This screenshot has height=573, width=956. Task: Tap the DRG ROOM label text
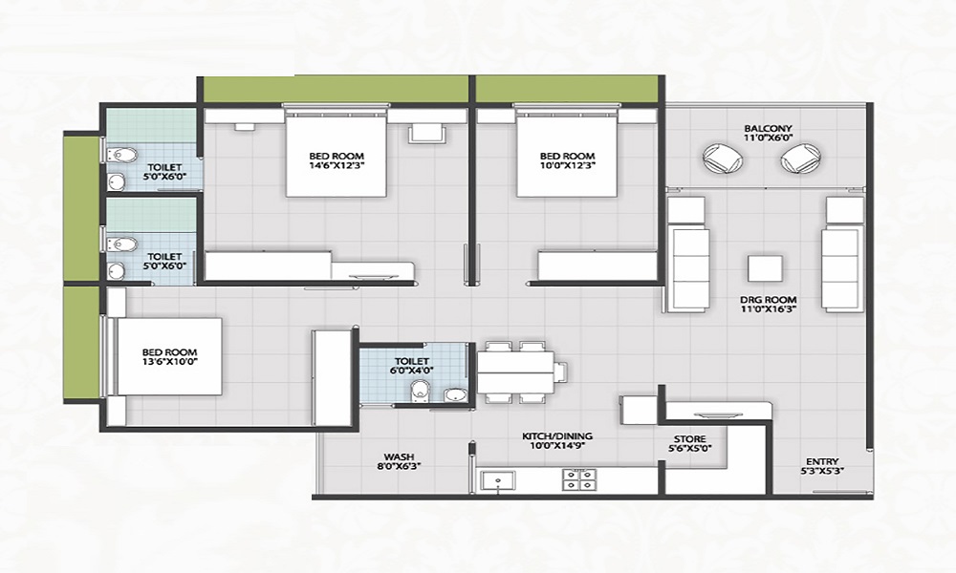point(768,300)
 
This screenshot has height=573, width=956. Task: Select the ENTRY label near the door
point(820,459)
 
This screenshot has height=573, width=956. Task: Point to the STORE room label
point(689,439)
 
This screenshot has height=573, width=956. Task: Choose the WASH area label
point(399,456)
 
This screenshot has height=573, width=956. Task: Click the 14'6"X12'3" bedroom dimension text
point(336,168)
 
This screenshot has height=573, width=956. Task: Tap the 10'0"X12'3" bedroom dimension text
point(567,168)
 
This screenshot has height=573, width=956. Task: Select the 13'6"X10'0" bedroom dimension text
point(168,364)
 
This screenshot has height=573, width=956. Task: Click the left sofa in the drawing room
point(687,254)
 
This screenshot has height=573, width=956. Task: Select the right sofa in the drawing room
point(842,254)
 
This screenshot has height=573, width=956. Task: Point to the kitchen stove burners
point(577,478)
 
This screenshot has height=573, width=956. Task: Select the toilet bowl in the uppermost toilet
point(119,155)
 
